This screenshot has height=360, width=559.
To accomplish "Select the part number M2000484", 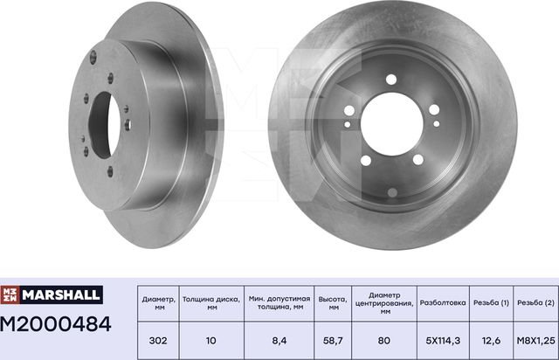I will (x=57, y=325).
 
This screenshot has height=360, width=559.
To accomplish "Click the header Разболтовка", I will (x=444, y=300).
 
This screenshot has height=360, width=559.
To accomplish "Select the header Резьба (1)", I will (x=493, y=300).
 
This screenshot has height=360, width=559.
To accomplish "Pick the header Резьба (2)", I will (x=536, y=300).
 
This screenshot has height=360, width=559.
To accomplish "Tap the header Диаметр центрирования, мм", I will (x=384, y=300).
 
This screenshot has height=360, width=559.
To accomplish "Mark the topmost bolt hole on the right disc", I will (x=390, y=80).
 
